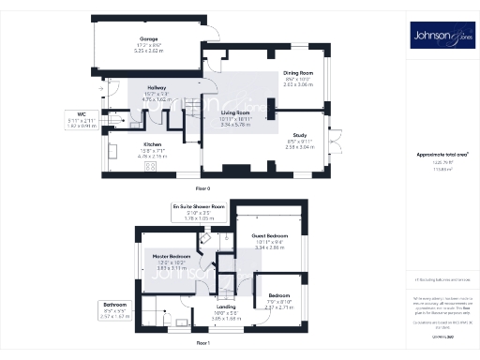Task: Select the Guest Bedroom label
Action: pyautogui.click(x=270, y=235)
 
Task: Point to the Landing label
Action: pyautogui.click(x=225, y=307)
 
